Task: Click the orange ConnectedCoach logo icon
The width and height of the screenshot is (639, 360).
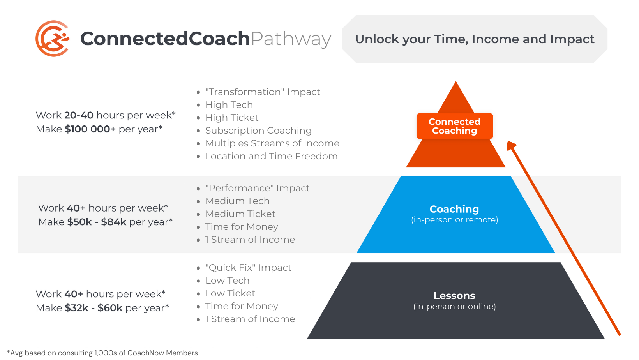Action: tap(53, 39)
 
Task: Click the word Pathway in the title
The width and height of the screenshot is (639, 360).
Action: tap(291, 39)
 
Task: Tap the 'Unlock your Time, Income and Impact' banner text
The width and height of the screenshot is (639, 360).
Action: tap(474, 39)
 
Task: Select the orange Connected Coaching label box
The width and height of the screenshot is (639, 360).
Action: tap(454, 126)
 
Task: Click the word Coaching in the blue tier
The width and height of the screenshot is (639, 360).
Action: tap(454, 209)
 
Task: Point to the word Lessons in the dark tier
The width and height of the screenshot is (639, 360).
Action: tap(454, 296)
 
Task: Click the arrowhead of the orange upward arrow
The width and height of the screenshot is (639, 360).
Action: tap(511, 145)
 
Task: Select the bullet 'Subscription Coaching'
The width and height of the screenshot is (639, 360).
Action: tap(258, 131)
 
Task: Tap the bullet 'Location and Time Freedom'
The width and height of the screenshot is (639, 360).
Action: tap(271, 156)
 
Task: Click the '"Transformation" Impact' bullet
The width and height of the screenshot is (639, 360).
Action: tap(263, 92)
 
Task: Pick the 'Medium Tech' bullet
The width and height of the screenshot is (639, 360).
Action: tap(237, 201)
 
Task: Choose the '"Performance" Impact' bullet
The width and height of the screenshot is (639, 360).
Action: tap(257, 188)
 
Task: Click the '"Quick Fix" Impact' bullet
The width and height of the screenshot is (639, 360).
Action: tap(248, 268)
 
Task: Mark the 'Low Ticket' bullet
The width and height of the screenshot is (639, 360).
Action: tap(230, 293)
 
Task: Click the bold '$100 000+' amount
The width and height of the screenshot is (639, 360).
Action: tap(90, 129)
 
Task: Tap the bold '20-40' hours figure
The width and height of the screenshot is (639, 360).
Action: tap(79, 115)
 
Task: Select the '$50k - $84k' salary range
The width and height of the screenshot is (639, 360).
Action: tap(97, 222)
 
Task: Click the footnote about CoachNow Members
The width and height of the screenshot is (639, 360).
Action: tap(102, 353)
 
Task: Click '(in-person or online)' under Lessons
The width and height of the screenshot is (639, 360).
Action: tap(454, 307)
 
